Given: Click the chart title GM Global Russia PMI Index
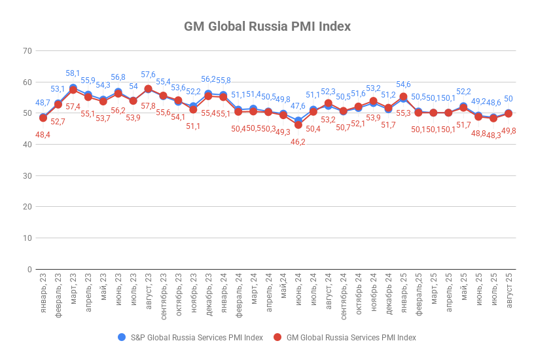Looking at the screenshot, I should (x=267, y=27).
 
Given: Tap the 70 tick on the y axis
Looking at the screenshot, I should (x=27, y=51).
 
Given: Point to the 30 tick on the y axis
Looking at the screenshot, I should (x=27, y=175).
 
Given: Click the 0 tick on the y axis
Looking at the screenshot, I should (x=29, y=269).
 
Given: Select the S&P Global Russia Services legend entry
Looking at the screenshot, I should (x=190, y=338).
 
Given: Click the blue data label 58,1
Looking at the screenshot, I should (x=73, y=73).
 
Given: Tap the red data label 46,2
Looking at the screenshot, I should (x=298, y=141).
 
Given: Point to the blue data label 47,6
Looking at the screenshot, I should (x=298, y=106).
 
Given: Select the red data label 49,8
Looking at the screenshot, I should (x=509, y=130).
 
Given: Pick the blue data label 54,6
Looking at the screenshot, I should (x=404, y=84).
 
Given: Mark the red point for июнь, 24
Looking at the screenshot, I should (x=298, y=124).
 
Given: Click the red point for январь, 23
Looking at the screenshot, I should (x=43, y=118).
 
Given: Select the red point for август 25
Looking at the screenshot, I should (x=508, y=113).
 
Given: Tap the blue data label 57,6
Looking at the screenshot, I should (x=148, y=75).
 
